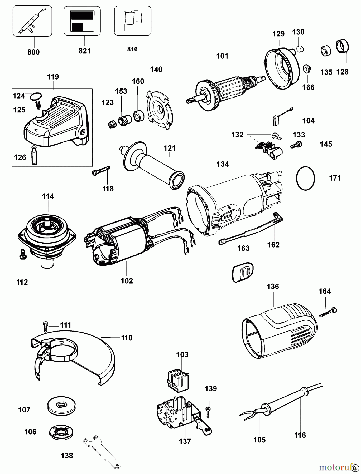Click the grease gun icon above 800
point(32,21)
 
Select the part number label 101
point(222,56)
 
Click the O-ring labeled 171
point(306,178)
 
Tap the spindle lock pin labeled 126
point(34,155)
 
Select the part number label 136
point(273,287)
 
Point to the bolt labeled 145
point(296,144)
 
